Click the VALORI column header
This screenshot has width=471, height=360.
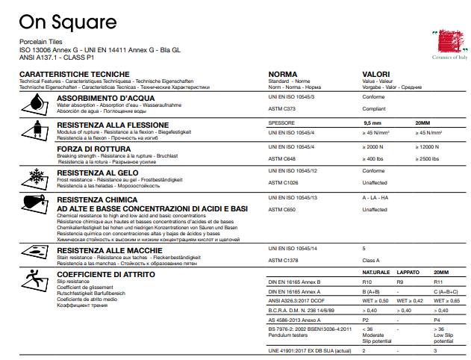coord(378,75)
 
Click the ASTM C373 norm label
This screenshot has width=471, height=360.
coord(281,109)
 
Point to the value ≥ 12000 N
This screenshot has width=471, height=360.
coord(431,147)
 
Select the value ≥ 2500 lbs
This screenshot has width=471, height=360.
coord(429,159)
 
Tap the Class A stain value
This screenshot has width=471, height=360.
coord(372,260)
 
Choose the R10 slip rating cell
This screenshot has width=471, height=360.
coord(368,282)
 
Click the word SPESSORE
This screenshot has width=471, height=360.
coord(282,122)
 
